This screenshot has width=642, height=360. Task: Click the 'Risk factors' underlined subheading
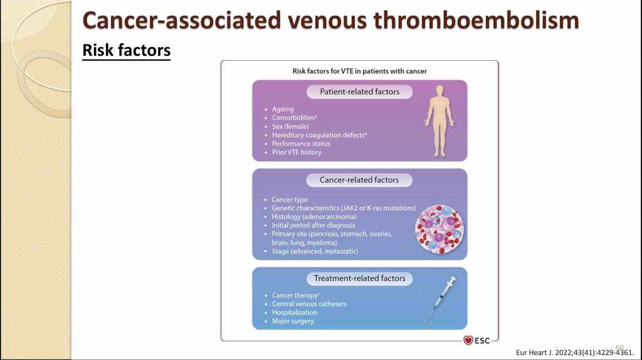(126, 50)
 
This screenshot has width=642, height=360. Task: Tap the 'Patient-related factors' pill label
(359, 92)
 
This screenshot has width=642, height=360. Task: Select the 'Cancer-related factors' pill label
(359, 180)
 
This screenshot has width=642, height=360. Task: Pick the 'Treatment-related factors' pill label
(359, 278)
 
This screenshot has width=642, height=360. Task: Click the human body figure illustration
(439, 121)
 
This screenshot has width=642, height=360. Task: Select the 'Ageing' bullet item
(283, 109)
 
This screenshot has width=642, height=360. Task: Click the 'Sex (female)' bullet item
(290, 126)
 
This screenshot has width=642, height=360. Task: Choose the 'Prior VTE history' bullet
(297, 152)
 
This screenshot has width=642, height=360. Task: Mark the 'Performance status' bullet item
(301, 144)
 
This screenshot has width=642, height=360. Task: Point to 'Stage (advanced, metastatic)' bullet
(315, 251)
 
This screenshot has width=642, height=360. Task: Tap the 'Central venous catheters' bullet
(309, 304)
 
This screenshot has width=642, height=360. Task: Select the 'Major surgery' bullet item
(293, 321)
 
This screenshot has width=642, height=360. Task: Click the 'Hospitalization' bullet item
(295, 312)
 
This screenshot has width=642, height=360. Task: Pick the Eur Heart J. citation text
(570, 352)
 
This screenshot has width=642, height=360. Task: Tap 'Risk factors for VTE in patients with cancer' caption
(359, 71)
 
